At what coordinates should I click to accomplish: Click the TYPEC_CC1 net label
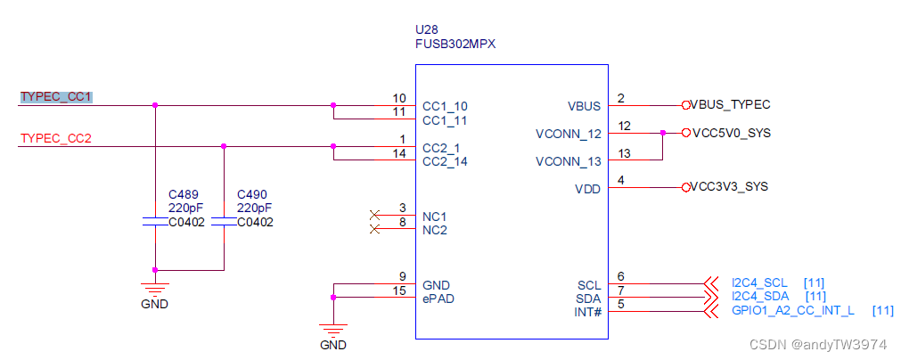pos(56,96)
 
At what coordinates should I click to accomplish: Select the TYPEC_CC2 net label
pos(56,138)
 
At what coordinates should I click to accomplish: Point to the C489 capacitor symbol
pos(156,222)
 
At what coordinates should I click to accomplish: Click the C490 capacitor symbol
pos(224,222)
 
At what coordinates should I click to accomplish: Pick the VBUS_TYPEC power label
pos(730,104)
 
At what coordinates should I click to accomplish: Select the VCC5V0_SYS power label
pos(730,133)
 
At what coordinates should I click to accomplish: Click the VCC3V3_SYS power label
pos(729,187)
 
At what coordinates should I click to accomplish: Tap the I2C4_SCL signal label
pos(759,282)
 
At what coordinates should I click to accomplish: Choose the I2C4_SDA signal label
pos(760,297)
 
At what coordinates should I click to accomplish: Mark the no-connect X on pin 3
pos(374,215)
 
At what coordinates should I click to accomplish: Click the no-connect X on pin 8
pos(374,229)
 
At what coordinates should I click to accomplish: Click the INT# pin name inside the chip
pos(588,312)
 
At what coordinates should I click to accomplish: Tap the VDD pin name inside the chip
pos(588,188)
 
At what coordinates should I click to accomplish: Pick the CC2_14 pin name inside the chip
pos(445,161)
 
